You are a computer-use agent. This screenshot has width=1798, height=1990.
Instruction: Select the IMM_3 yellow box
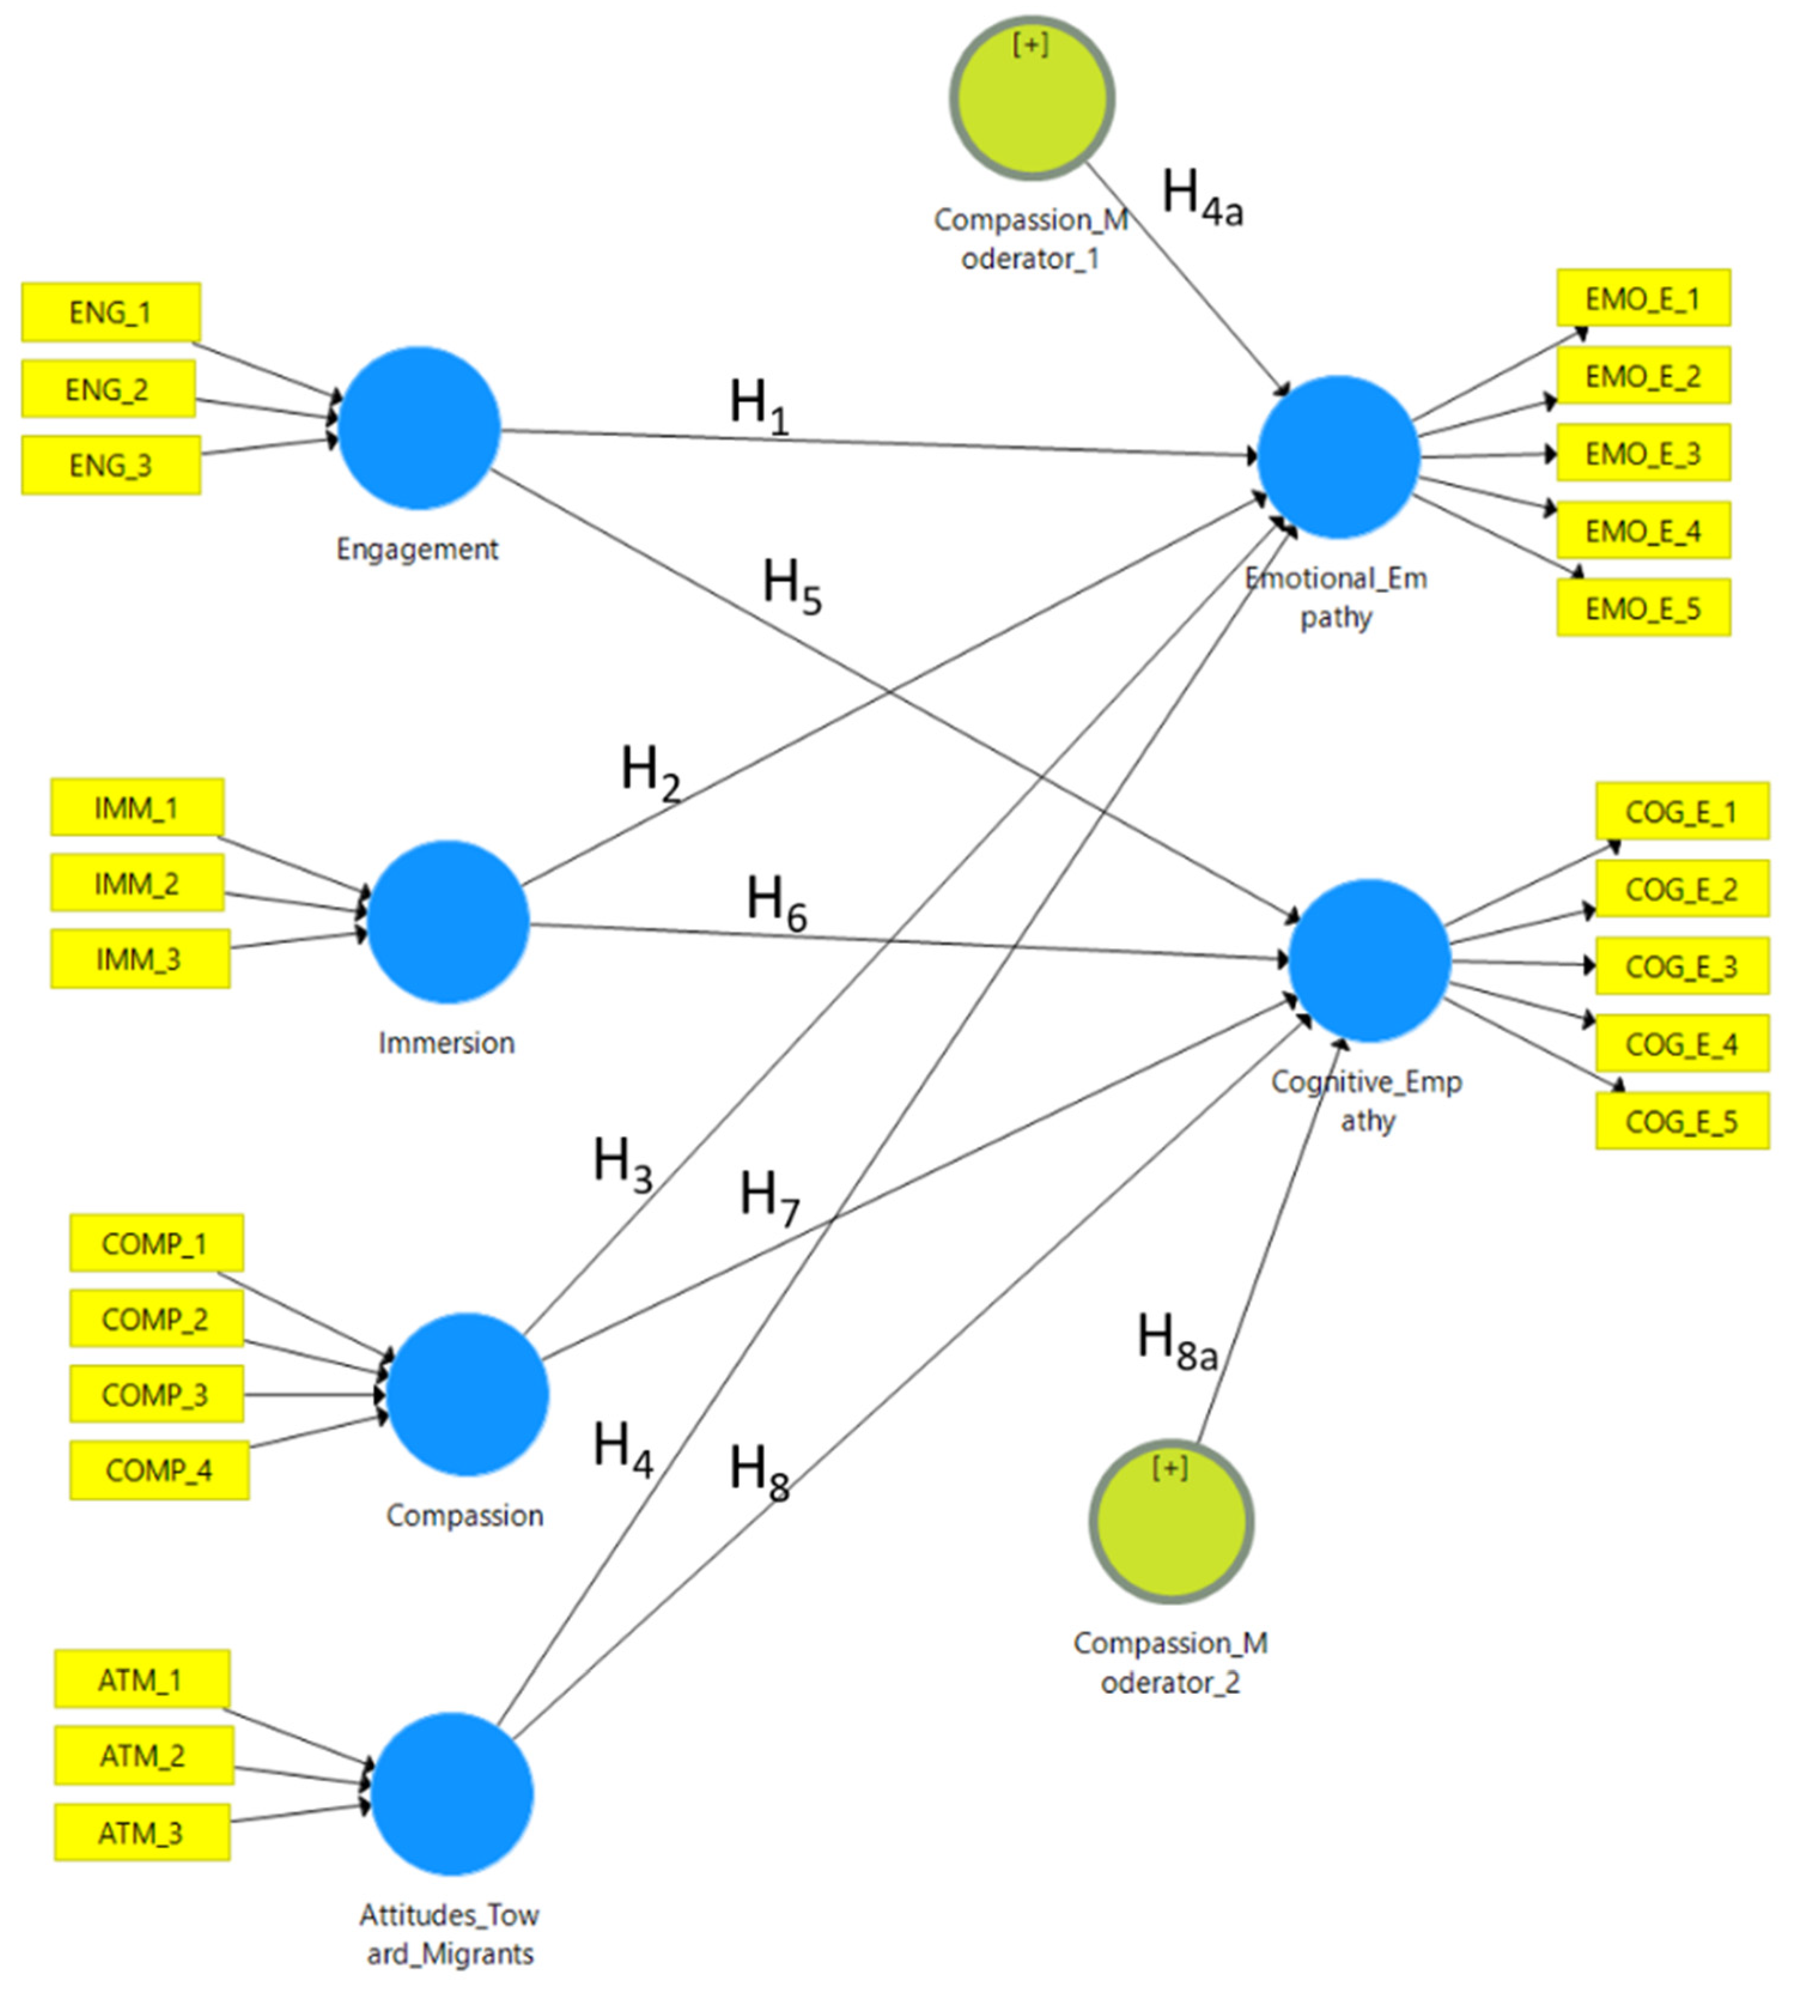(x=139, y=958)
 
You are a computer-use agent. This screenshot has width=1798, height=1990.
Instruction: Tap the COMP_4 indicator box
(x=159, y=1471)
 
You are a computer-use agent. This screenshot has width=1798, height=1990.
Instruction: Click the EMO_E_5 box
(x=1643, y=608)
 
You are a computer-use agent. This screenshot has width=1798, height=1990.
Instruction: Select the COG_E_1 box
(x=1681, y=812)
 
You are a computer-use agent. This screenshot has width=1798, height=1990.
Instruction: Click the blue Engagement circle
(x=419, y=427)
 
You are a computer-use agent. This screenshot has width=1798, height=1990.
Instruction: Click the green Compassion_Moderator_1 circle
(x=1032, y=98)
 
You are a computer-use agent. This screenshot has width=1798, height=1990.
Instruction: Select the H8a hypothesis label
(x=1176, y=1341)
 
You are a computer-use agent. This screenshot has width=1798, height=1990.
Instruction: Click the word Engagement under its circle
(x=418, y=549)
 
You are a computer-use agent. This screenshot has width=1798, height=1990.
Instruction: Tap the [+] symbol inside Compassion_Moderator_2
(x=1169, y=1468)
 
